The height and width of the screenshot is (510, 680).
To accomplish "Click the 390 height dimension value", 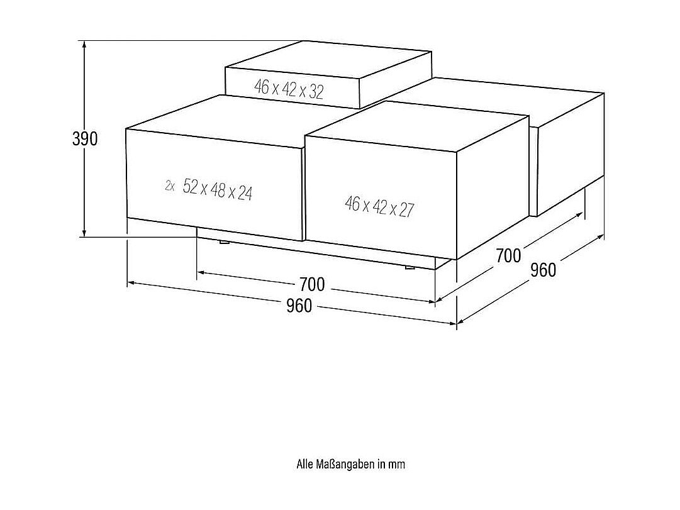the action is click(85, 139).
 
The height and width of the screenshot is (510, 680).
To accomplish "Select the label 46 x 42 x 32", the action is click(289, 89).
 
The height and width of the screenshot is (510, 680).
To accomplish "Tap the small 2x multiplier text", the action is click(170, 186).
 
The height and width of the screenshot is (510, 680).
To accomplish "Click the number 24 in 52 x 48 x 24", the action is click(244, 193).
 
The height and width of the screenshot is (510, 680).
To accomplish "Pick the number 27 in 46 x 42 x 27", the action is click(407, 209).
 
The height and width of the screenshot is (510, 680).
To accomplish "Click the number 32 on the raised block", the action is click(316, 92).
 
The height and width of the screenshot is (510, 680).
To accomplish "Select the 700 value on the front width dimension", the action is click(312, 285).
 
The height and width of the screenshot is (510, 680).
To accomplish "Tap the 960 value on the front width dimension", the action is click(299, 306).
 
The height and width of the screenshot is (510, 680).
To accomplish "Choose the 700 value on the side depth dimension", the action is click(508, 256).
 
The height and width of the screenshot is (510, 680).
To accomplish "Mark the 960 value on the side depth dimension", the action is click(543, 270).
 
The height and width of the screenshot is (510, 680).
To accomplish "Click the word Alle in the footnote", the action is click(304, 465).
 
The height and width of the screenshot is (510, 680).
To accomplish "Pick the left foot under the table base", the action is click(223, 241).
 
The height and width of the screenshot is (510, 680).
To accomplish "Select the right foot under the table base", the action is click(410, 268).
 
